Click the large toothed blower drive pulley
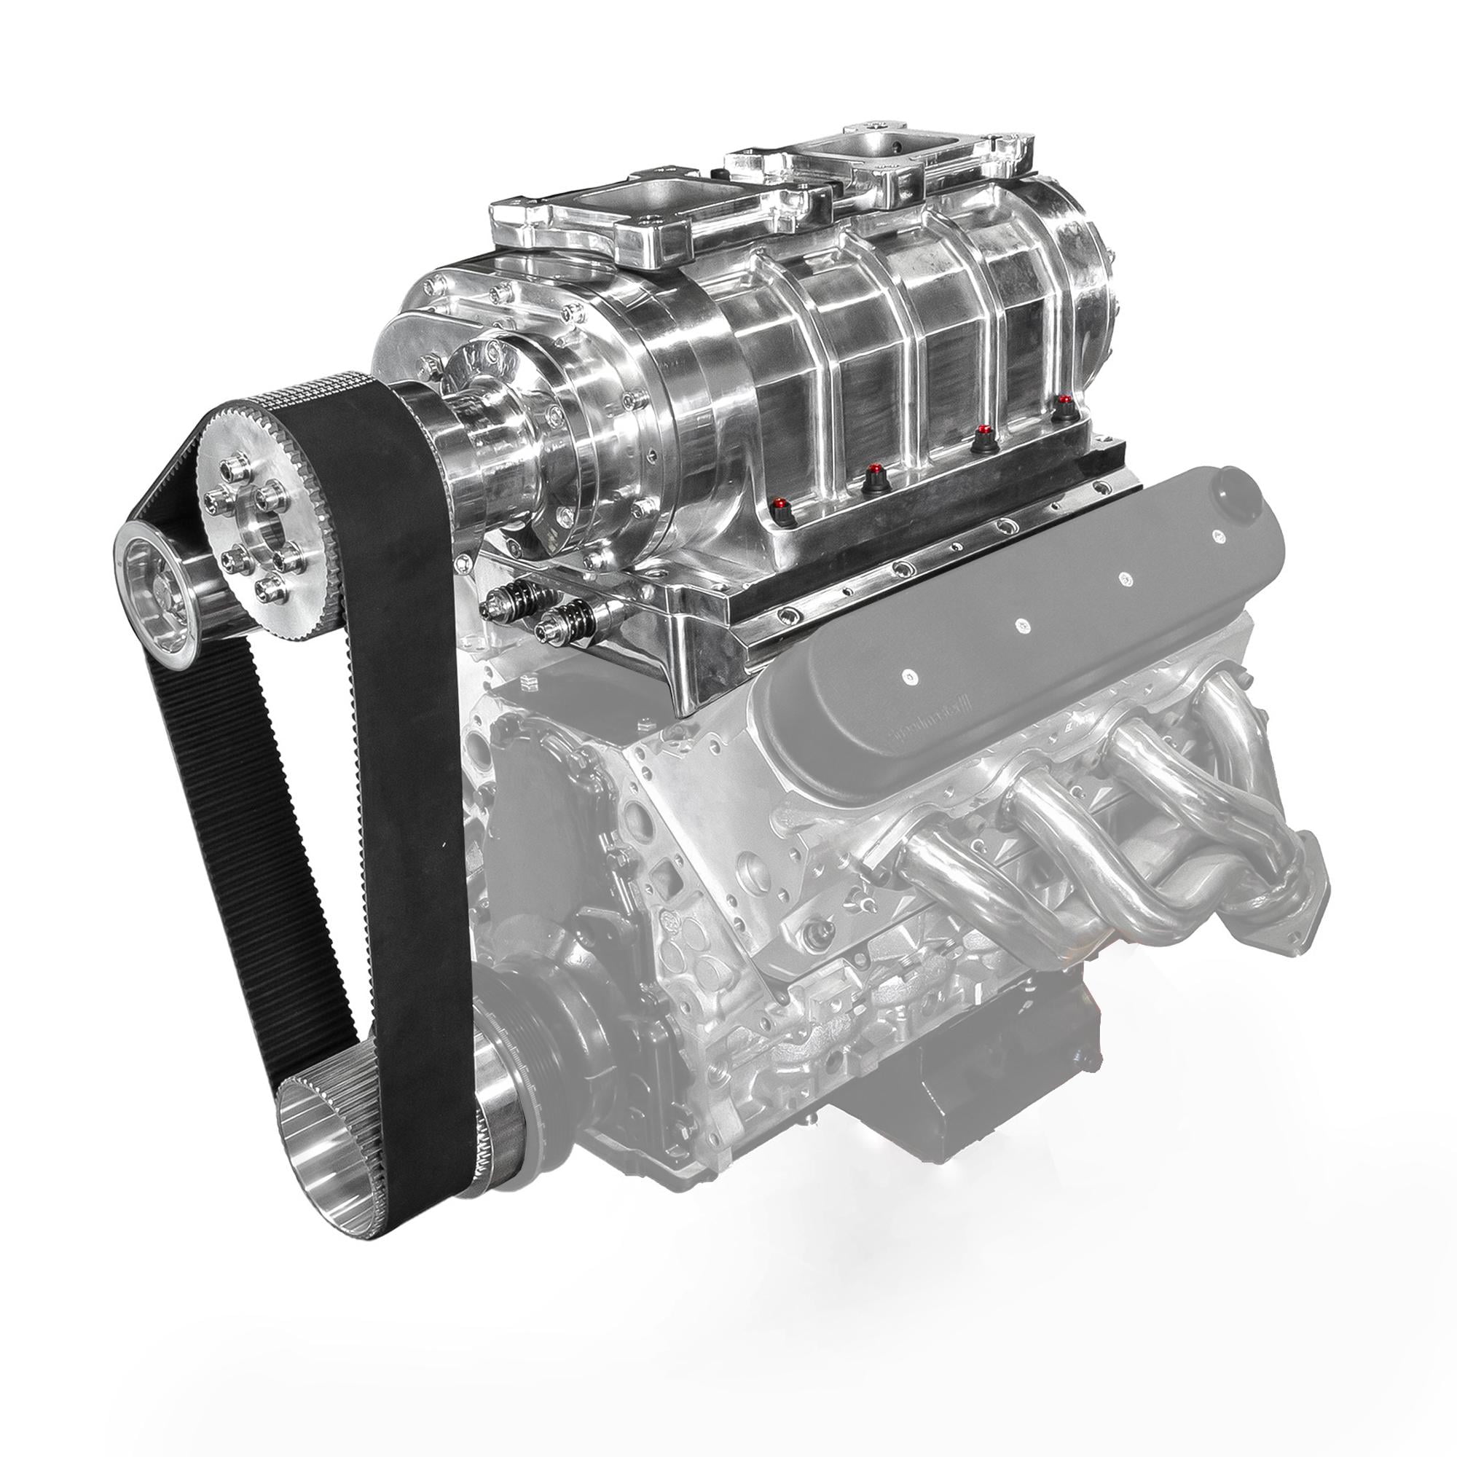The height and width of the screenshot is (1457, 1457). [x=256, y=528]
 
